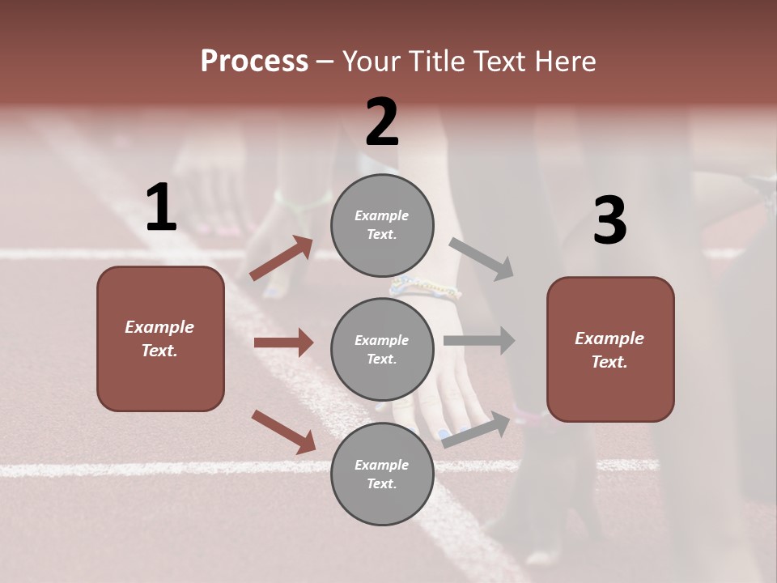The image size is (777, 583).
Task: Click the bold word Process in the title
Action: pos(254,62)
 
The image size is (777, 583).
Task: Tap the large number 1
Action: pos(161,208)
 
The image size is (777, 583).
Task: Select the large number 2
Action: pos(382,122)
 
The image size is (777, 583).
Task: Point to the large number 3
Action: pos(609,221)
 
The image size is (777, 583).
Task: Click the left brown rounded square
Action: pos(160,338)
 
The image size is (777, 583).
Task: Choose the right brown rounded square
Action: pos(610,349)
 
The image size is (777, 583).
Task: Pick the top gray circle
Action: pos(382,225)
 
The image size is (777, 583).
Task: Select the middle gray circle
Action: pos(382,349)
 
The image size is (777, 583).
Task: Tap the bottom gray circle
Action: pos(382,474)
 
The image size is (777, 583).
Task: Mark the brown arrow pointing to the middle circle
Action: pos(283,343)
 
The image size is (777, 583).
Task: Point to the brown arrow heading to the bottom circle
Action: pos(284,432)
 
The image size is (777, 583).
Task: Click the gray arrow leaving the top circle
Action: pos(482,259)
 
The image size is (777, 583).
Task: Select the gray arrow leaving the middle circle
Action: pos(479,340)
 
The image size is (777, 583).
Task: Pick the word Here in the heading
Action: pos(567,62)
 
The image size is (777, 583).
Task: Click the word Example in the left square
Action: pos(159,327)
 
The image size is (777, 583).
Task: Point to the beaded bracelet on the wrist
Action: pos(424,287)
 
